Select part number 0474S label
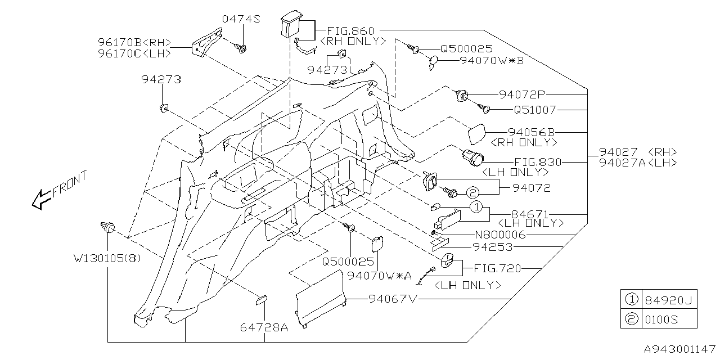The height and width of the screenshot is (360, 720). (241, 19)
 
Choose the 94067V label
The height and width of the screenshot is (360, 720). (393, 299)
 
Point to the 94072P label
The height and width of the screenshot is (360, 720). (523, 94)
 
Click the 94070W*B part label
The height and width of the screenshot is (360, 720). (492, 60)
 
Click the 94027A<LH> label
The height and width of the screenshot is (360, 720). (637, 163)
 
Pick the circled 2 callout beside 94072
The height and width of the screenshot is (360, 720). (472, 192)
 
